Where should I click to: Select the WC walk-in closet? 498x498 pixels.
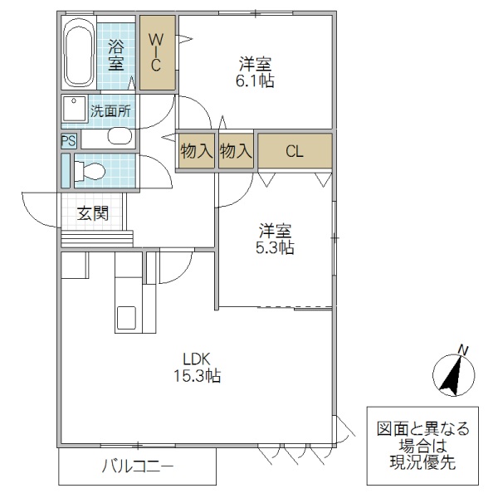pyautogui.click(x=157, y=51)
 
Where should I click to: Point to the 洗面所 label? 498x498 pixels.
pyautogui.click(x=110, y=110)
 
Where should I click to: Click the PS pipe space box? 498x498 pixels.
pyautogui.click(x=66, y=141)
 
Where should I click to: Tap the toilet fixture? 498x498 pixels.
pyautogui.click(x=90, y=171)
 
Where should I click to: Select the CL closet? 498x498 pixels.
pyautogui.click(x=295, y=151)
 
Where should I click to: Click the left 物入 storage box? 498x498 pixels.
pyautogui.click(x=197, y=151)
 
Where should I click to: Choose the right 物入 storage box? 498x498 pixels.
pyautogui.click(x=236, y=151)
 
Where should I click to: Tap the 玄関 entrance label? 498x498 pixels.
pyautogui.click(x=93, y=213)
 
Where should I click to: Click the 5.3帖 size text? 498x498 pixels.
pyautogui.click(x=275, y=247)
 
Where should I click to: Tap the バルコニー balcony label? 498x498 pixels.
pyautogui.click(x=138, y=466)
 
